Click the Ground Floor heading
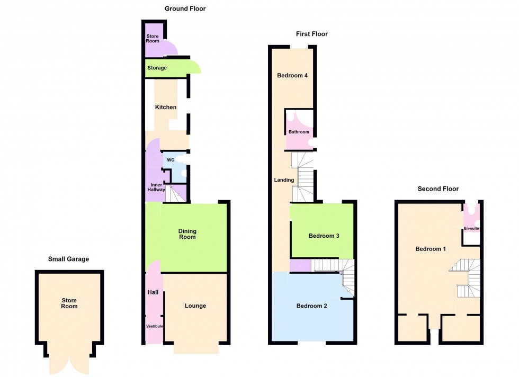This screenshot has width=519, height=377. pyautogui.click(x=185, y=8)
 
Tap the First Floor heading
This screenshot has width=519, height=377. pyautogui.click(x=311, y=34)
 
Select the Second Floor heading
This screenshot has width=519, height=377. pyautogui.click(x=438, y=188)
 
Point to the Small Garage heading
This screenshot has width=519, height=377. pyautogui.click(x=69, y=259)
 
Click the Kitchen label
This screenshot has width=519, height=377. pyautogui.click(x=166, y=107)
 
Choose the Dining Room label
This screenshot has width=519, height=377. pyautogui.click(x=187, y=234)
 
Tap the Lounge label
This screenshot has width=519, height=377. pyautogui.click(x=195, y=306)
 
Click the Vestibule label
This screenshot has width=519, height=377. pyautogui.click(x=155, y=326)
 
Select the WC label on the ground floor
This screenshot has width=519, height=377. pyautogui.click(x=171, y=160)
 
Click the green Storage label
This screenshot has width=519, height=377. pyautogui.click(x=157, y=68)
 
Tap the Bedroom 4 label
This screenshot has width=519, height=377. pyautogui.click(x=292, y=75)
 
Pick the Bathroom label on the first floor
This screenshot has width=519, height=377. pyautogui.click(x=299, y=132)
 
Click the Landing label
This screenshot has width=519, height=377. pyautogui.click(x=284, y=180)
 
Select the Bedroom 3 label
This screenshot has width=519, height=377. pyautogui.click(x=324, y=236)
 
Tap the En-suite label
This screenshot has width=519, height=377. pyautogui.click(x=471, y=228)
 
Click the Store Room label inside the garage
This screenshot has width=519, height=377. pyautogui.click(x=69, y=303)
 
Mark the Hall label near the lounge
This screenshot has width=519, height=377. pyautogui.click(x=153, y=292)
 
